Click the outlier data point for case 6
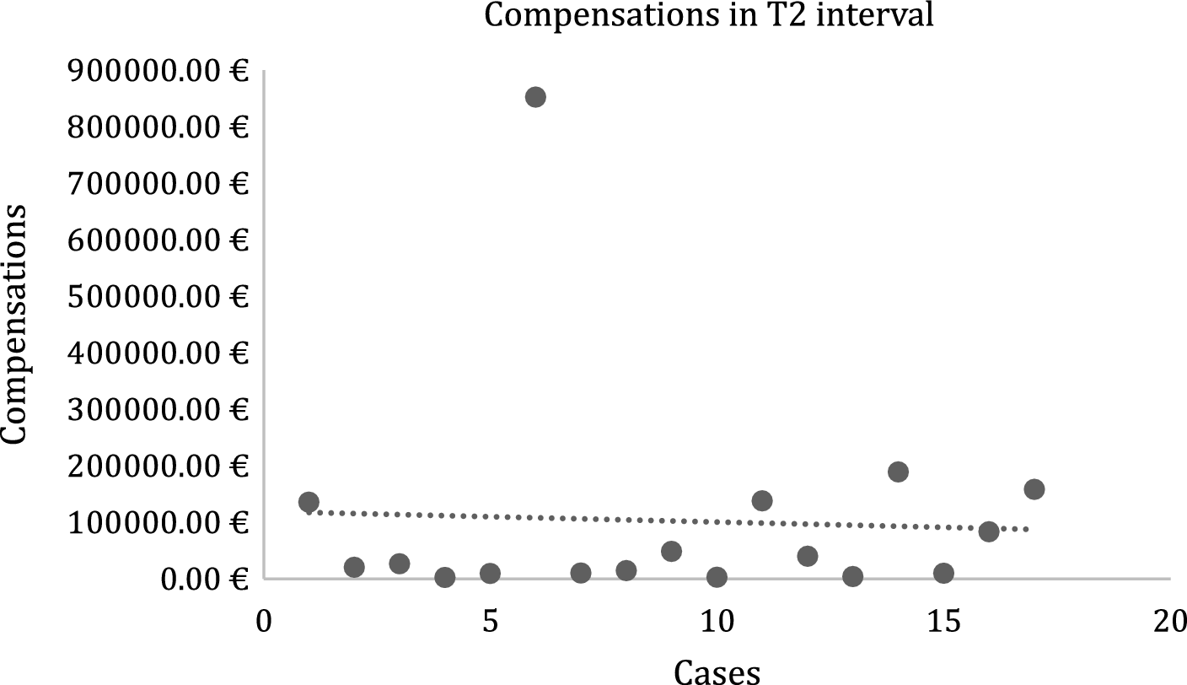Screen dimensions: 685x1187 tap(535, 97)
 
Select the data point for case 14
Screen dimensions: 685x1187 tap(898, 472)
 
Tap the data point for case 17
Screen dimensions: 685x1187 tap(1034, 489)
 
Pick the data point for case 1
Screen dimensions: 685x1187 tap(309, 502)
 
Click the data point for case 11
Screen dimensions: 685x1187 tap(762, 501)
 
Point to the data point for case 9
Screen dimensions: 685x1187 tap(671, 552)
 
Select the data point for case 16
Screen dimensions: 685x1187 tap(989, 531)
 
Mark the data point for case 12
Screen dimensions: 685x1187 tap(808, 556)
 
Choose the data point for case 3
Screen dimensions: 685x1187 tap(400, 564)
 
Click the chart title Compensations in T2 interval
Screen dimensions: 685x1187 tap(709, 15)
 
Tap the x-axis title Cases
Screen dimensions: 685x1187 tap(717, 671)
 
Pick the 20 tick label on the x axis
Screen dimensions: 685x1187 tap(1170, 623)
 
